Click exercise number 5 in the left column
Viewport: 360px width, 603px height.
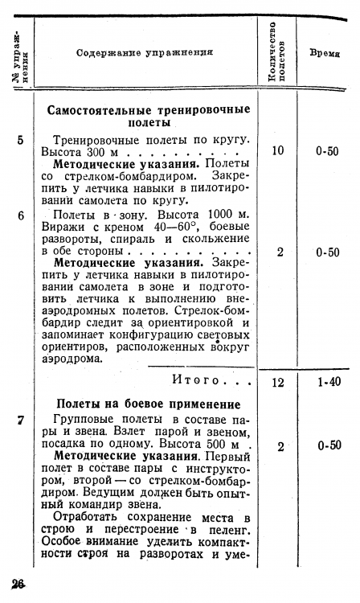20,140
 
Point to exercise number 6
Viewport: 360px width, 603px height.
20,215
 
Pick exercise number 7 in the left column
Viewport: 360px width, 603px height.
20,420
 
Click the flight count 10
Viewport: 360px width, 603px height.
278,150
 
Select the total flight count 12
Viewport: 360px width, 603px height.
278,383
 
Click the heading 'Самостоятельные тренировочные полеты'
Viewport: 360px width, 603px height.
149,116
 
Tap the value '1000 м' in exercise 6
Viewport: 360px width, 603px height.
226,215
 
